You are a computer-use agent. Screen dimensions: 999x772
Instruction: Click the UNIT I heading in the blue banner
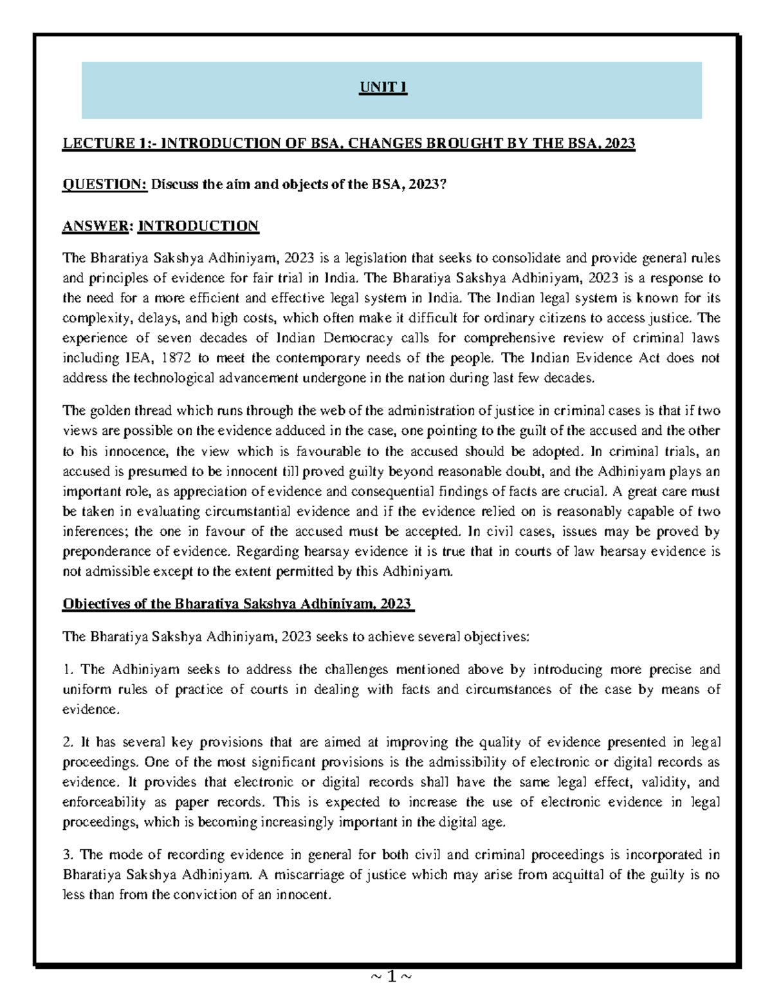(x=383, y=87)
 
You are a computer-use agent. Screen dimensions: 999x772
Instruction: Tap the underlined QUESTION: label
(x=105, y=185)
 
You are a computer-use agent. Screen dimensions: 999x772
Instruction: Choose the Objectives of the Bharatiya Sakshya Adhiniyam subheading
(x=237, y=604)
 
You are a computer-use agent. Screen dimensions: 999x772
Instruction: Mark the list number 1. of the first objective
(x=68, y=670)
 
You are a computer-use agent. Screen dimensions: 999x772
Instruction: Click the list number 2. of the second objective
(x=68, y=742)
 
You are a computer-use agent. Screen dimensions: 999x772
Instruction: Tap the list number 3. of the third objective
(x=68, y=855)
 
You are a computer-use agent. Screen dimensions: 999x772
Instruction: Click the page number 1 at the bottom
(x=391, y=977)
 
